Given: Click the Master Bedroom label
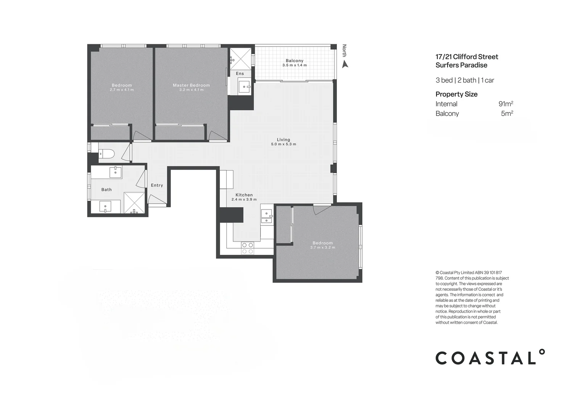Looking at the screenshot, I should (x=191, y=85).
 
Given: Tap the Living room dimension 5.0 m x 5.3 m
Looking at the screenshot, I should (x=283, y=144).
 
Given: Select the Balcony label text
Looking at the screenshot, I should (x=294, y=61).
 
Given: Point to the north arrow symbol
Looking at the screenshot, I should (x=345, y=64).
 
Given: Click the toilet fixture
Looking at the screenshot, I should (x=106, y=154).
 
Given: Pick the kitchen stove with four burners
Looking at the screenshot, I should (x=247, y=248).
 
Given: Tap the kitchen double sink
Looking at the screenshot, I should (x=266, y=216).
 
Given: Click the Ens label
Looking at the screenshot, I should (x=240, y=74).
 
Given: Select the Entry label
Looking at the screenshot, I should (x=157, y=185).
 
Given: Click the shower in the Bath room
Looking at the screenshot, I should (x=134, y=203).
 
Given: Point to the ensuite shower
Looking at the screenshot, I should (x=240, y=58).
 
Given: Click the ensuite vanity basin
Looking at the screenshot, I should (x=243, y=87).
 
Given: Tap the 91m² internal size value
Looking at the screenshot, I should (x=506, y=104).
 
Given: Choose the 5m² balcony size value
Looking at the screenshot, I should (x=507, y=113).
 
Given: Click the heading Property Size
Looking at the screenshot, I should (x=456, y=94).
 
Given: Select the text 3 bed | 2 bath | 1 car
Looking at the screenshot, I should (x=465, y=80).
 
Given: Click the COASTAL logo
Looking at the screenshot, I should (x=490, y=357).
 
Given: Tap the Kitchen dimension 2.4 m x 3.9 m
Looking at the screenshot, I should (x=244, y=200).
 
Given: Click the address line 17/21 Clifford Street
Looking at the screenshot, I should (x=467, y=57).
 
